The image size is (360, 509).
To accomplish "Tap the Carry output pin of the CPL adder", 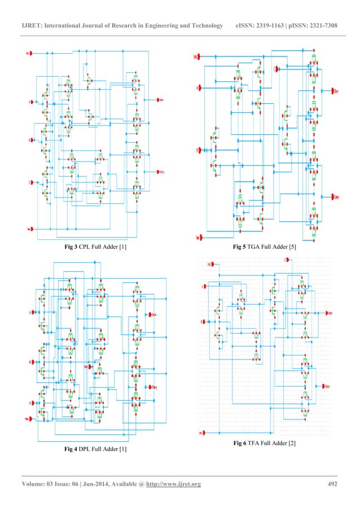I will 160,172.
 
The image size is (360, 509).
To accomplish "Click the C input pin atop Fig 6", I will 287,260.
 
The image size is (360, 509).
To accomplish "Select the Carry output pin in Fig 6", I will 326,387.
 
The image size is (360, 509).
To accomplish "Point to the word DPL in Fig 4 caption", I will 85,449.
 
